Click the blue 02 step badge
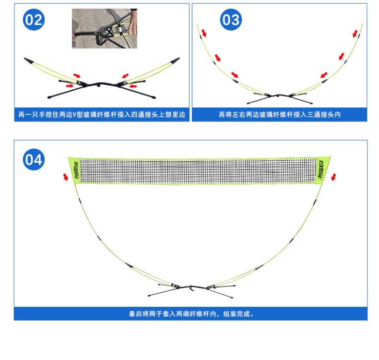click(x=34, y=20)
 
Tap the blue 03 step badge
click(x=230, y=20)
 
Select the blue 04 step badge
click(x=34, y=159)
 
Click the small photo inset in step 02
click(x=105, y=28)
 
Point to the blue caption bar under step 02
click(x=102, y=115)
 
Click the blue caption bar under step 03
click(x=280, y=115)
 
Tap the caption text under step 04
click(x=191, y=314)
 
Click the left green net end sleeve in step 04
click(x=74, y=171)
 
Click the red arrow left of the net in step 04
click(x=66, y=178)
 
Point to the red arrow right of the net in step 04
click(x=333, y=177)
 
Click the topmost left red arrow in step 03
click(x=204, y=33)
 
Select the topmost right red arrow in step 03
click(x=355, y=33)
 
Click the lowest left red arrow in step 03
click(x=235, y=75)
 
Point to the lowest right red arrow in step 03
click(x=324, y=75)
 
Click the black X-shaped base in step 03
click(x=280, y=98)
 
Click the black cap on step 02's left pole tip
click(x=28, y=60)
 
